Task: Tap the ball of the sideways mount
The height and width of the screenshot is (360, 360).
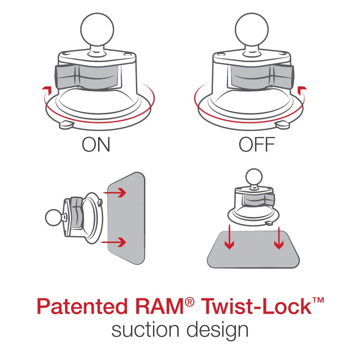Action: (54, 218)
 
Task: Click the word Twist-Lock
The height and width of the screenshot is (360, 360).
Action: (256, 307)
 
